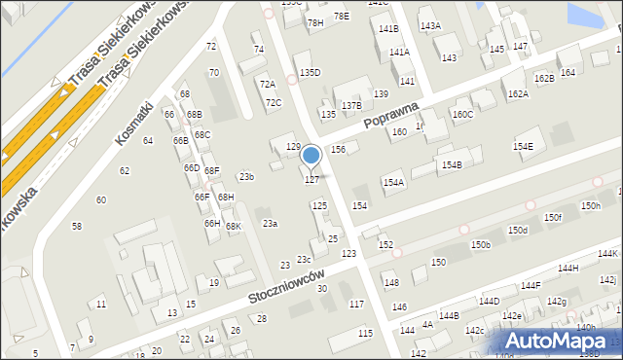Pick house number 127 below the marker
pyautogui.click(x=311, y=180)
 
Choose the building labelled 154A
pyautogui.click(x=393, y=183)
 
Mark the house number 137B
pyautogui.click(x=351, y=105)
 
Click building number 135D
pyautogui.click(x=310, y=73)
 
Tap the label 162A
pyautogui.click(x=518, y=94)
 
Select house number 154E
pyautogui.click(x=524, y=146)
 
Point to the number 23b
pyautogui.click(x=247, y=176)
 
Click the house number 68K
pyautogui.click(x=234, y=227)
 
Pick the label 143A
pyautogui.click(x=430, y=25)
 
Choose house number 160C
pyautogui.click(x=462, y=115)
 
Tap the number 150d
pyautogui.click(x=517, y=231)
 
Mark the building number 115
pyautogui.click(x=365, y=334)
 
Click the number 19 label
pyautogui.click(x=214, y=283)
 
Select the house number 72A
pyautogui.click(x=267, y=85)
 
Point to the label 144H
pyautogui.click(x=568, y=268)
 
